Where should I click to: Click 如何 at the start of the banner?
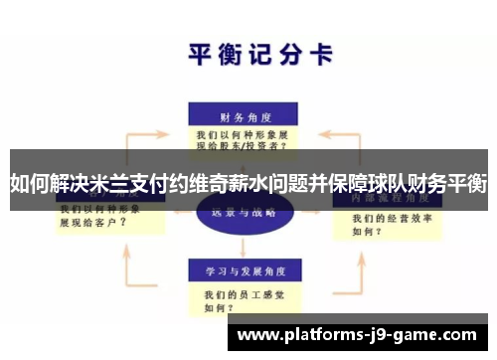tap(29, 184)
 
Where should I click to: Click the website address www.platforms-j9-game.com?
tap(357, 335)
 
